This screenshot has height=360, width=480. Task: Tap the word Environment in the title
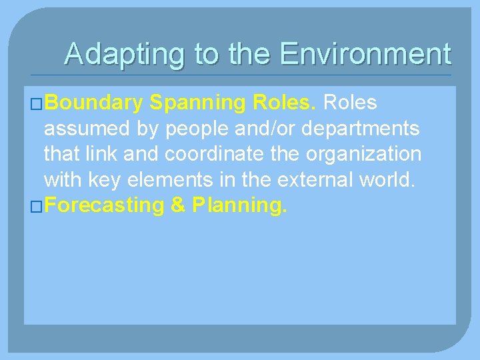[365, 53]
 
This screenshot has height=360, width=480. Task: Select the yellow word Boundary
[95, 103]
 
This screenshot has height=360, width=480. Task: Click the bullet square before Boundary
[37, 104]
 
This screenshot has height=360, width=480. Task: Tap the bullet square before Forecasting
[37, 207]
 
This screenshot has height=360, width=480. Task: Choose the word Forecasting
[105, 205]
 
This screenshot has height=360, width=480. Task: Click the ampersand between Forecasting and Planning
[178, 205]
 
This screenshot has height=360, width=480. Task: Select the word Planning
[240, 205]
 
